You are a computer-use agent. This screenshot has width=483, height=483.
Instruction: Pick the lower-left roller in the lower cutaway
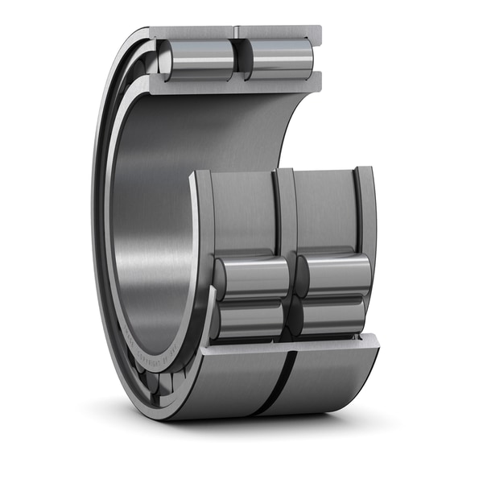point(250,318)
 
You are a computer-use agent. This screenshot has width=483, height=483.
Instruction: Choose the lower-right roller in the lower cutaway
point(330,316)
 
